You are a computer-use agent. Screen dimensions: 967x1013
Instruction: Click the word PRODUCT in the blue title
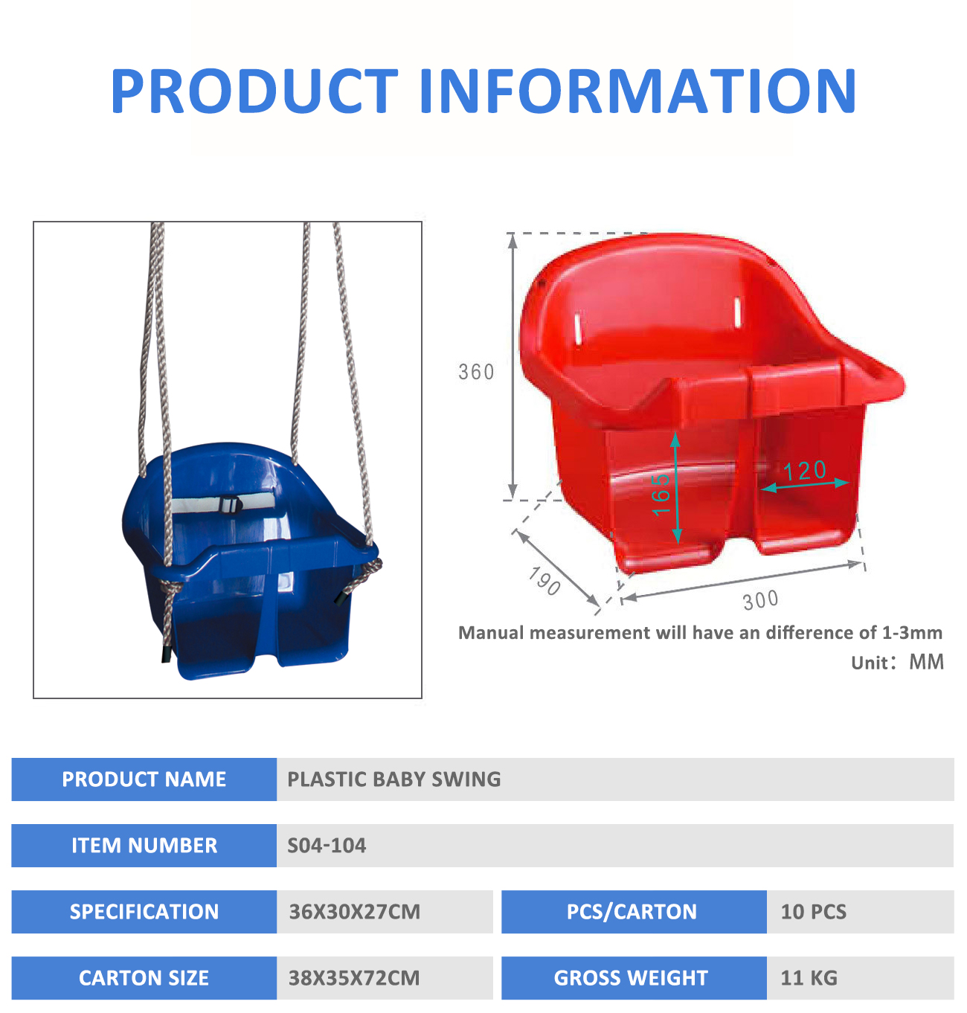(x=254, y=91)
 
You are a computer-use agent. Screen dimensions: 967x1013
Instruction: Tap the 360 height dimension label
(x=476, y=372)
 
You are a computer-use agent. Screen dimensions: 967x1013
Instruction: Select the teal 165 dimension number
(x=661, y=494)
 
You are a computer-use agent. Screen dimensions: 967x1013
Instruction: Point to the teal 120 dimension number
(x=805, y=471)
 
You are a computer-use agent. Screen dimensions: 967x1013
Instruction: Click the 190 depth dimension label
(x=544, y=581)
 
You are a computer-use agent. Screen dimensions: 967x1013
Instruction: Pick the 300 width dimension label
(x=760, y=600)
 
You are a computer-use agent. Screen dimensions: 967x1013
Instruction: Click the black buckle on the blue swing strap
(x=231, y=504)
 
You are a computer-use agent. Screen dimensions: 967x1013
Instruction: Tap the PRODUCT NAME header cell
(x=144, y=779)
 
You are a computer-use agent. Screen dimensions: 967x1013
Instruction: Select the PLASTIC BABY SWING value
(x=393, y=779)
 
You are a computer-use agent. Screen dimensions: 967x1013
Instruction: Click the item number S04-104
(x=327, y=846)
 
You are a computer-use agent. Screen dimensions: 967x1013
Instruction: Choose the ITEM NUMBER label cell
(x=144, y=846)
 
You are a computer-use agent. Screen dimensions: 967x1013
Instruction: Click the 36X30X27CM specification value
(x=354, y=912)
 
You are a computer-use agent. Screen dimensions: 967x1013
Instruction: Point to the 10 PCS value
(x=813, y=912)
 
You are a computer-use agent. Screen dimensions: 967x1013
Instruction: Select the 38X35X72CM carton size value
(x=354, y=978)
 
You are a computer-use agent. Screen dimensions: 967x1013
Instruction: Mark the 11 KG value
(x=809, y=978)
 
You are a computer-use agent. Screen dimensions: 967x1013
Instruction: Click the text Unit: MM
(x=897, y=662)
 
